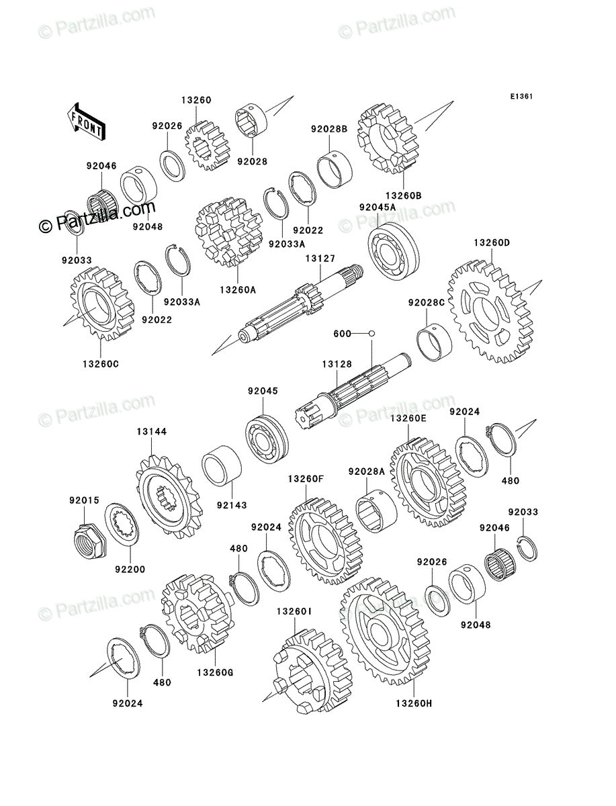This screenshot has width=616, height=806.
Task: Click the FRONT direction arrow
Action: coord(86,120)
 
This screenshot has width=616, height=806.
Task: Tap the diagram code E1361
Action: coord(521,97)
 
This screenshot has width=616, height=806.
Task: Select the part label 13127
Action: coord(320,259)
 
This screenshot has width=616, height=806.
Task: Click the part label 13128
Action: coord(337,364)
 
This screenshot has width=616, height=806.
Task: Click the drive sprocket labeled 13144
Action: coord(169,496)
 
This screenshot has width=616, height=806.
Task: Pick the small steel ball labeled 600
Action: coord(371,333)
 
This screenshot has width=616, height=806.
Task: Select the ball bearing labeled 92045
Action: coord(267,439)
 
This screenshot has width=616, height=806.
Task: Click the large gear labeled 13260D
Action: coord(490,312)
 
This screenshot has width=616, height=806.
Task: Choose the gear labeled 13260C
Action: coord(101,304)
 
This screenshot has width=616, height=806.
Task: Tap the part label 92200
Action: coord(130,569)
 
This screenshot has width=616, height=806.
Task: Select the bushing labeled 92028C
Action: coord(435,343)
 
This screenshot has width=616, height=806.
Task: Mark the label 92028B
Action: coord(329,129)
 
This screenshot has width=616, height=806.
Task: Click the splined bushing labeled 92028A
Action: coord(376,510)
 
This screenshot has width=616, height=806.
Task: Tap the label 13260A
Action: coord(238,290)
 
